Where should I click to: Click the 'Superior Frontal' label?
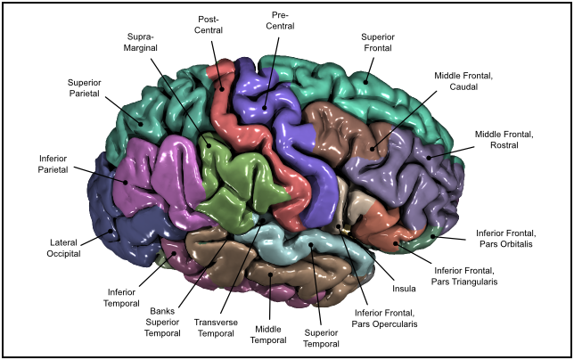point(379,42)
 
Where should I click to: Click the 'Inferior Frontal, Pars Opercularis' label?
point(386,318)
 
